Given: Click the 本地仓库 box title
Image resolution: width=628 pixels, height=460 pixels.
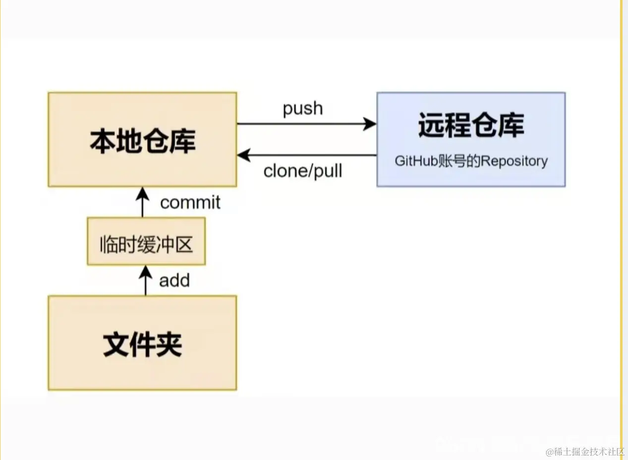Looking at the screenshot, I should click(x=142, y=141).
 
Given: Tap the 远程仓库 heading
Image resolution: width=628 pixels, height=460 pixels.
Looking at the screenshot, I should click(x=471, y=125).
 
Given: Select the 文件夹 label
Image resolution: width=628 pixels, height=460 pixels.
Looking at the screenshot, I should click(x=142, y=345).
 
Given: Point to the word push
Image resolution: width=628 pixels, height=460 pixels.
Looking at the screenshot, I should click(x=302, y=109).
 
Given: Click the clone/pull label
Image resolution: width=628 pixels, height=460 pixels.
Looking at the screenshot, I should click(x=302, y=172).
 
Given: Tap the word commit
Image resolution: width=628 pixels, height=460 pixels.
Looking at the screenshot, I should click(x=190, y=203).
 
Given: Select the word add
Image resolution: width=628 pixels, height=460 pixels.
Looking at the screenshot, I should click(x=174, y=281).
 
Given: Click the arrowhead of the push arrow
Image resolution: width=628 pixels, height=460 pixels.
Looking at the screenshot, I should click(x=370, y=124).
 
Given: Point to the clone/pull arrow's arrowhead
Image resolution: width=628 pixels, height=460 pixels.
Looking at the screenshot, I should click(x=243, y=156).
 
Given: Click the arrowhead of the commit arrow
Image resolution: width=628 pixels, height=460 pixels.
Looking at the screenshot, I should click(x=143, y=192).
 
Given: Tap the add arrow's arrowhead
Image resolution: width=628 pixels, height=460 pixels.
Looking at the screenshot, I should click(x=145, y=271).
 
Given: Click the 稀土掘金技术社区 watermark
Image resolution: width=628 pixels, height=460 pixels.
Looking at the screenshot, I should click(x=585, y=452).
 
